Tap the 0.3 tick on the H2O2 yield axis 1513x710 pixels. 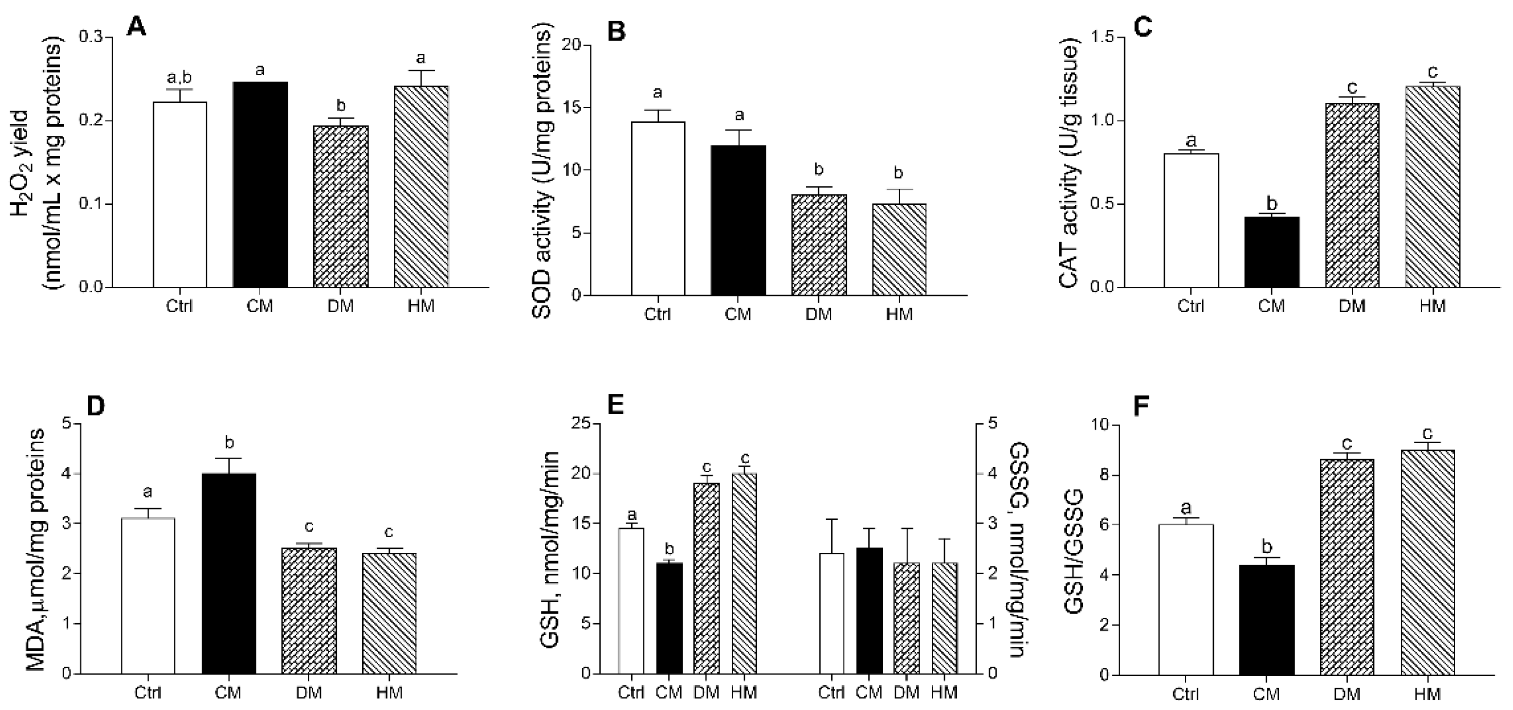(x=90, y=37)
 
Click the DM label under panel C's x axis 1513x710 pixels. (x=1351, y=306)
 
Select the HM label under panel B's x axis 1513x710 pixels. (x=899, y=314)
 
